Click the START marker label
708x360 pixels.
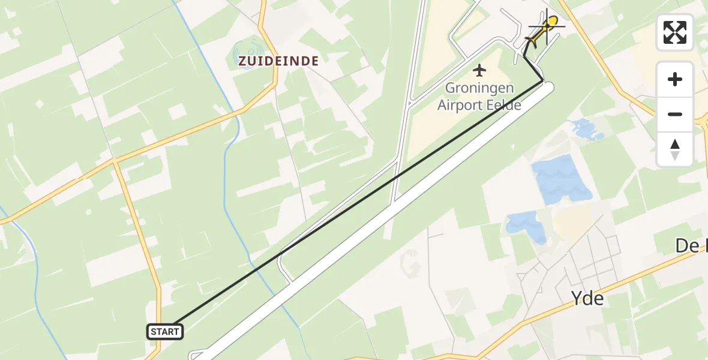pos(164,331)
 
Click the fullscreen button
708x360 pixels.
pos(675,32)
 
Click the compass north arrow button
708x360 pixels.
pos(675,149)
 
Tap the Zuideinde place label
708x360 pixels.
pos(278,61)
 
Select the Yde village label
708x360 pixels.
pos(587,297)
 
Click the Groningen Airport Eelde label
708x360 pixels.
pos(479,97)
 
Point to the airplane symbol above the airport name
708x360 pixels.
pos(479,71)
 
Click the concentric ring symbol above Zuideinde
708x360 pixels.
pos(248,51)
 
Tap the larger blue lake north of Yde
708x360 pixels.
pos(560,179)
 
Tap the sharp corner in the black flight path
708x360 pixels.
pos(542,80)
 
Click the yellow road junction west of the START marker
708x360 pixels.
pos(114,161)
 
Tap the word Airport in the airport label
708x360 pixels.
pos(461,105)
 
